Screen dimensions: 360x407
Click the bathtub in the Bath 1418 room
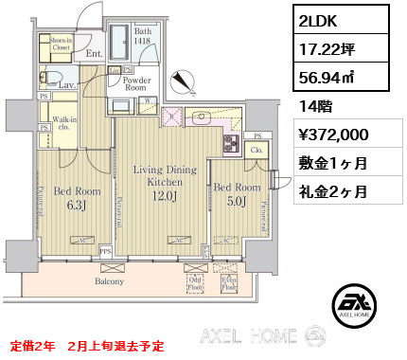pyautogui.click(x=121, y=42)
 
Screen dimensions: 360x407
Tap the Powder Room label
pyautogui.click(x=138, y=84)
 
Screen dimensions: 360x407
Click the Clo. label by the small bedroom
pyautogui.click(x=255, y=150)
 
